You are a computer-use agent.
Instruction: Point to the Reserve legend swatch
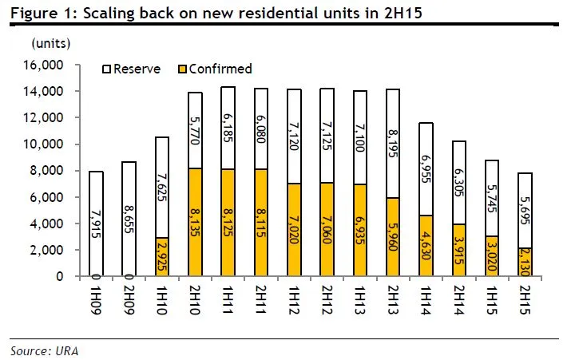click(x=108, y=69)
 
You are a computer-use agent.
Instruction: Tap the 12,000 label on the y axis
click(x=53, y=118)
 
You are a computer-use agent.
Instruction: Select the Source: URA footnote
click(x=44, y=350)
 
